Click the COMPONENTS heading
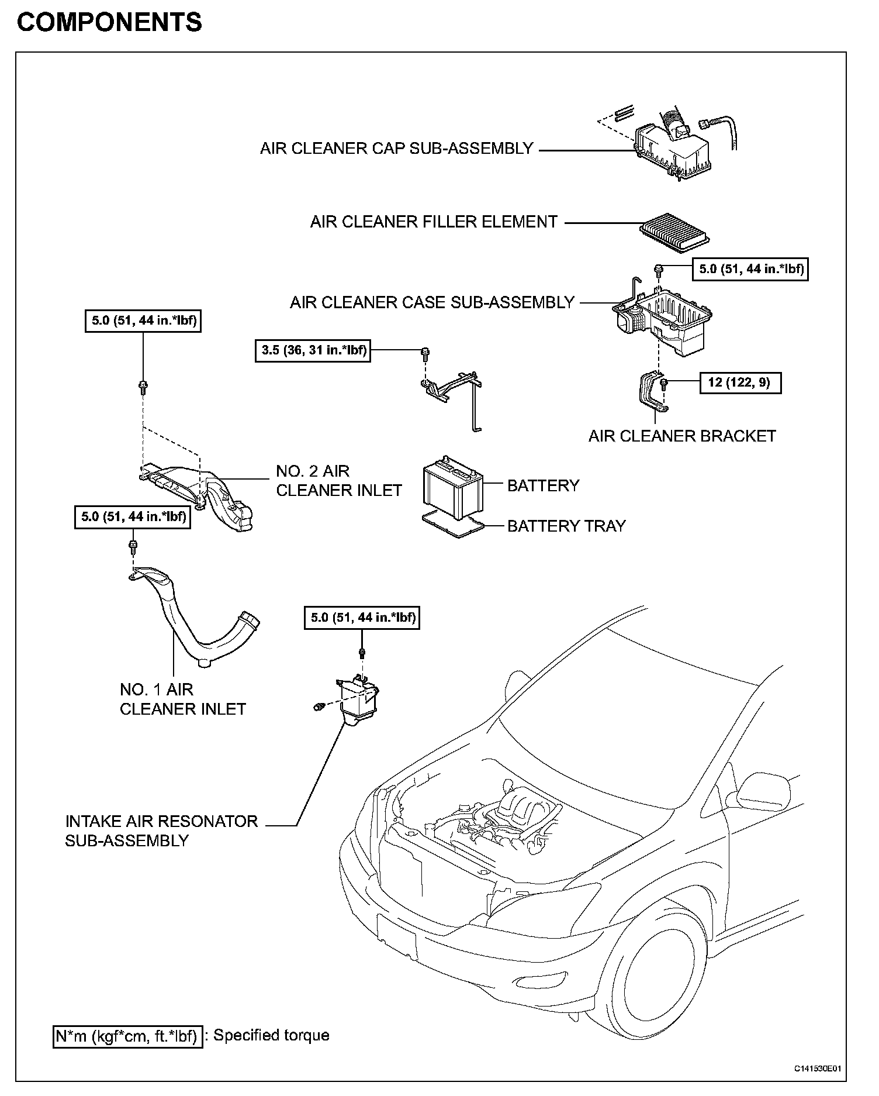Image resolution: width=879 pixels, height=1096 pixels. pyautogui.click(x=109, y=22)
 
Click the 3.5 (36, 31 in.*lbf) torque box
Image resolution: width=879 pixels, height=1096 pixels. pyautogui.click(x=313, y=350)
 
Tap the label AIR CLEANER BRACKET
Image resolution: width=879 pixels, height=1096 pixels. pyautogui.click(x=682, y=436)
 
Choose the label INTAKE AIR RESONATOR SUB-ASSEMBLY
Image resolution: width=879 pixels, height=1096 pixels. pyautogui.click(x=161, y=830)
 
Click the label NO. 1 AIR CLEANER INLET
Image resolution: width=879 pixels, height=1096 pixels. pyautogui.click(x=182, y=699)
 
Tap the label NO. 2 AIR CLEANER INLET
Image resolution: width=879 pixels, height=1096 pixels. pyautogui.click(x=339, y=480)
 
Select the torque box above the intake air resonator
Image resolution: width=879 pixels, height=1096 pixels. pyautogui.click(x=362, y=618)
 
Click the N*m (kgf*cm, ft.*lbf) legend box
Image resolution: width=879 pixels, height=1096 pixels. pyautogui.click(x=127, y=1036)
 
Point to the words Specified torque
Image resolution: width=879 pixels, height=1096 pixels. pyautogui.click(x=271, y=1035)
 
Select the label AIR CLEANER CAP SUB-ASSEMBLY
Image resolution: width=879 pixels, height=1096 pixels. pyautogui.click(x=396, y=148)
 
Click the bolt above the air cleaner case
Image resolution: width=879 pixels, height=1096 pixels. pyautogui.click(x=659, y=270)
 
